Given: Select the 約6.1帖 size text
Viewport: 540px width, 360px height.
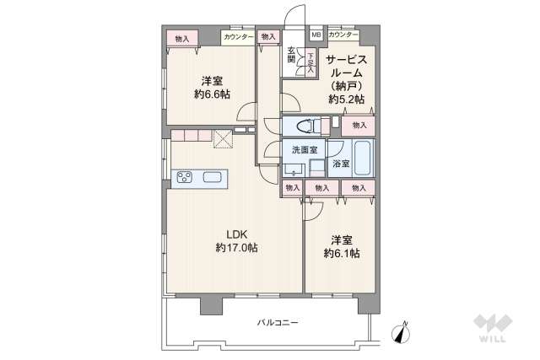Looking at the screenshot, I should point(343,252).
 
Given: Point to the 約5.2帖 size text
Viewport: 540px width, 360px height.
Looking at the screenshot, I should point(347,99).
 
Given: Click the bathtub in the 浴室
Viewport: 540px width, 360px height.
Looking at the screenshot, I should point(364,157).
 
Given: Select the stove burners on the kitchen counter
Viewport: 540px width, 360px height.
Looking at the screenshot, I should point(185,177).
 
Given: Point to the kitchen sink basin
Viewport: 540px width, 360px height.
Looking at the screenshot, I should point(212,177).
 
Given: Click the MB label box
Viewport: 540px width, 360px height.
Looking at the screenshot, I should point(316,35).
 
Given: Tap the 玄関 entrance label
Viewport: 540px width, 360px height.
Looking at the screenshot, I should point(290,54).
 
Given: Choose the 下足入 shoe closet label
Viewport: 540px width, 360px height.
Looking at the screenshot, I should point(310,62).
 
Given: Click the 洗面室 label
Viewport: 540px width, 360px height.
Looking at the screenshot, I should point(304,149).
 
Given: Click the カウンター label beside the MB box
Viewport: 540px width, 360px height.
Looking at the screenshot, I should point(341,35).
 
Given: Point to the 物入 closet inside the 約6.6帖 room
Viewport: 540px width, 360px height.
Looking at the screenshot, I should point(182,38).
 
